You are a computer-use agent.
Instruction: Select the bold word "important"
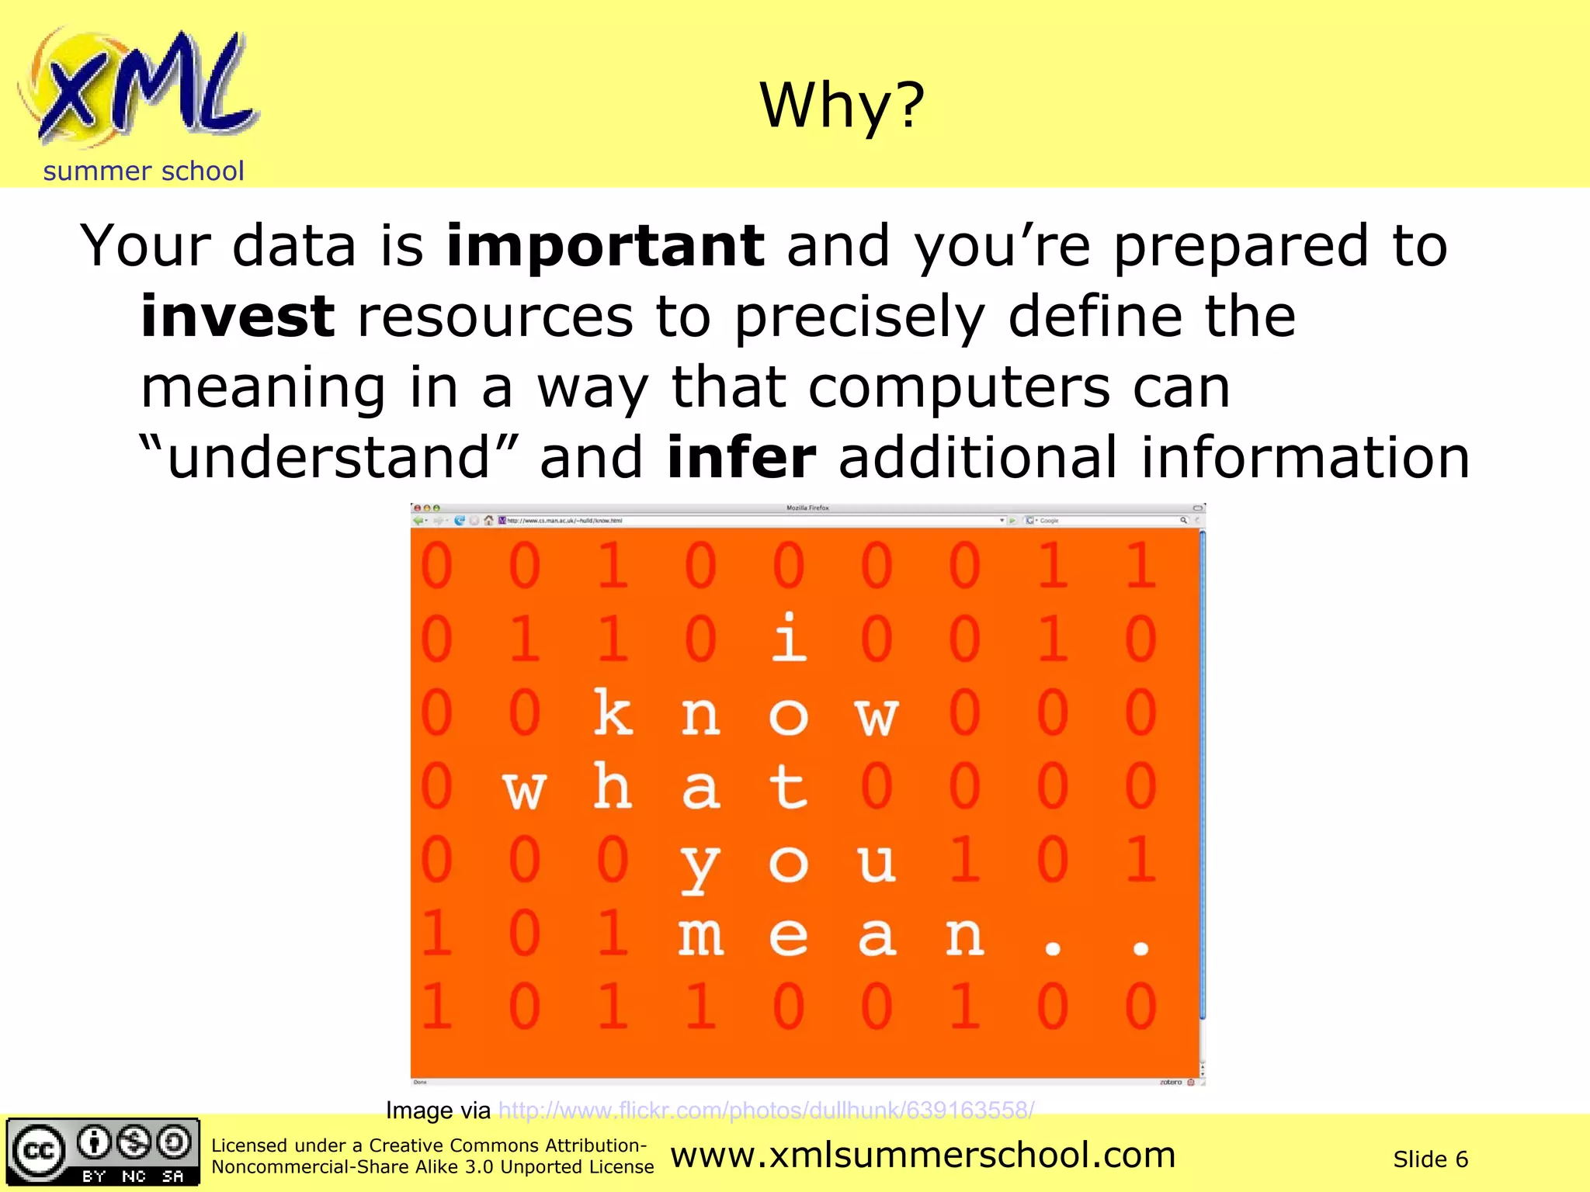(606, 246)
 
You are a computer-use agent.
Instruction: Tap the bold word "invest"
(238, 317)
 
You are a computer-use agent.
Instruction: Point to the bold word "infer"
(741, 458)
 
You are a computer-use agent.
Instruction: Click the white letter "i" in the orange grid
(789, 638)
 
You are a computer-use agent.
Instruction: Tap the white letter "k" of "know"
(613, 712)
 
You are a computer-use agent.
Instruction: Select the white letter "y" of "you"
(700, 865)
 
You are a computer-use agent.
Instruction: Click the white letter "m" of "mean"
(700, 936)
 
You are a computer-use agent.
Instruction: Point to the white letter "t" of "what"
(789, 786)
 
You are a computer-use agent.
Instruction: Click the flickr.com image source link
(765, 1111)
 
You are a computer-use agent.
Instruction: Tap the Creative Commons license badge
(102, 1152)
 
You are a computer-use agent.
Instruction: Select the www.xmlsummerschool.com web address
(923, 1156)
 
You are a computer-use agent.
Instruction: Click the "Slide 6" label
(1430, 1159)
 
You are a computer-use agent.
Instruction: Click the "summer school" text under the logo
(144, 171)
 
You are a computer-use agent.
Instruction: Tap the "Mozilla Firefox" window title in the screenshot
(807, 508)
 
